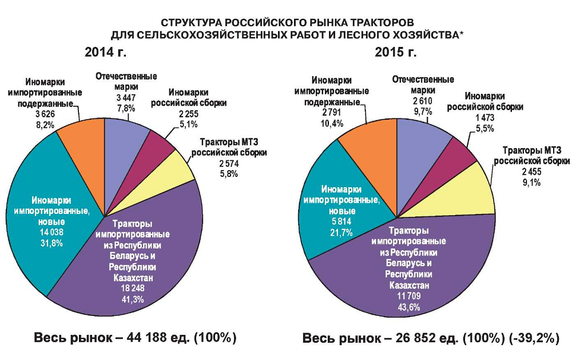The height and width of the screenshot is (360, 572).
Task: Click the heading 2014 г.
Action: pyautogui.click(x=105, y=53)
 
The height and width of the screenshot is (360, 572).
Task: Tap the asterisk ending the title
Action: pyautogui.click(x=462, y=34)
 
